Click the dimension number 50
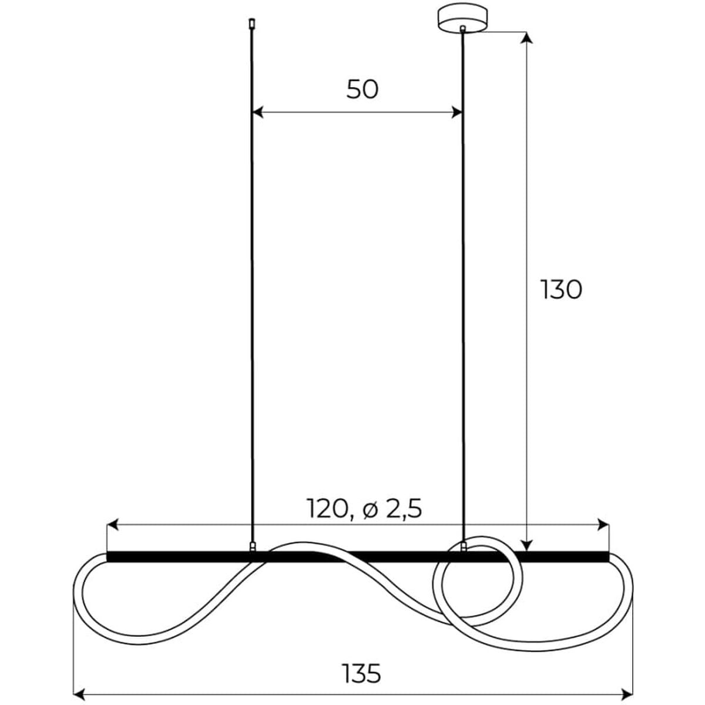point(362,90)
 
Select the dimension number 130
point(561,290)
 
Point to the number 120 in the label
point(327,509)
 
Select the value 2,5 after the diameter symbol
point(404,509)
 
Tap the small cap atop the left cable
point(251,23)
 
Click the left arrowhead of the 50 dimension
point(258,113)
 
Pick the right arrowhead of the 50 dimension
point(457,113)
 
